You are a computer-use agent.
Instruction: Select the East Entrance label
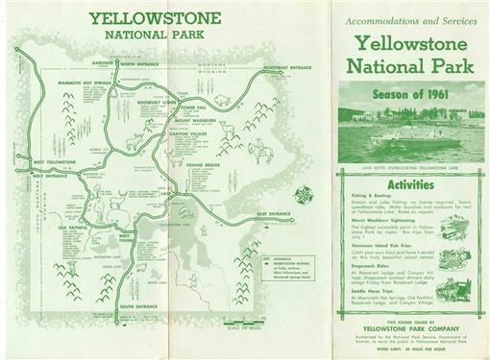[x=273, y=213]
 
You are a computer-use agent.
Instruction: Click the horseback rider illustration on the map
[x=258, y=150]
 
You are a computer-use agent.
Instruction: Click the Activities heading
[x=410, y=184]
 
